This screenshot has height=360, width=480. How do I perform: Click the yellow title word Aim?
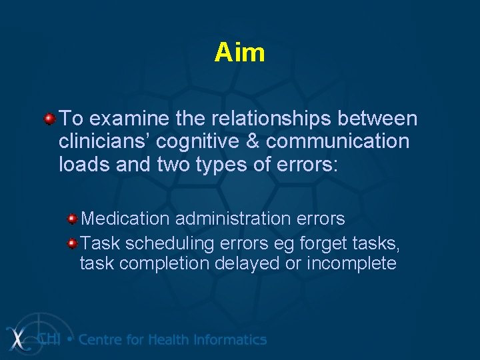(x=239, y=53)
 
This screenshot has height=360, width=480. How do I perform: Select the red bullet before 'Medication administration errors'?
(x=71, y=219)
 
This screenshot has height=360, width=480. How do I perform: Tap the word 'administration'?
(x=226, y=219)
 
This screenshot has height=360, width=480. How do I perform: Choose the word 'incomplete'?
(x=351, y=264)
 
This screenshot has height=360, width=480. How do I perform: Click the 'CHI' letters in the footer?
(x=50, y=339)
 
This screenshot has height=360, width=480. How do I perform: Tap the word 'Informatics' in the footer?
(x=230, y=339)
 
